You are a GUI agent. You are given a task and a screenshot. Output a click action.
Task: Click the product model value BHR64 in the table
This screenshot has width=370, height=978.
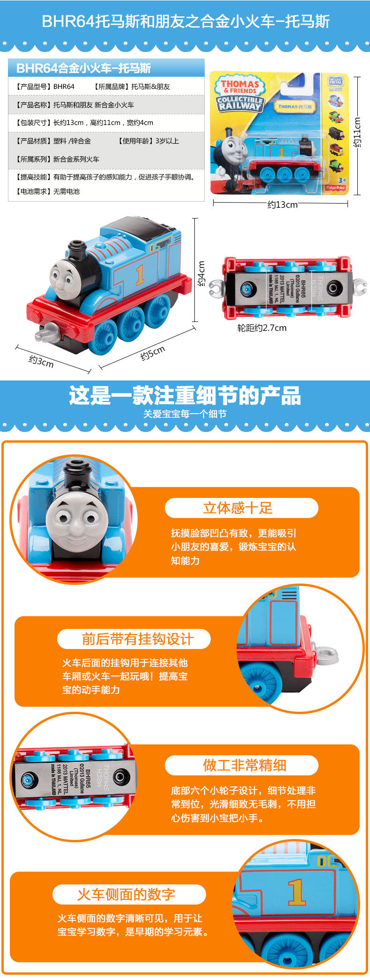[x=64, y=87]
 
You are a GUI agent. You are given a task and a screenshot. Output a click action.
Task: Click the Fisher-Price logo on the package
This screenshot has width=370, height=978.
[x=335, y=188]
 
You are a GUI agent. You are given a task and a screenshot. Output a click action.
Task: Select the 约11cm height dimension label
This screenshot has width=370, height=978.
[x=357, y=133]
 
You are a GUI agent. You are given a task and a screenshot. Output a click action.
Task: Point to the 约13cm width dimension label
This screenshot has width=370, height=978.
[x=282, y=204]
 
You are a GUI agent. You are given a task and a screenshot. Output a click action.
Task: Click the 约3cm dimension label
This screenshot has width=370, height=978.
[x=41, y=361]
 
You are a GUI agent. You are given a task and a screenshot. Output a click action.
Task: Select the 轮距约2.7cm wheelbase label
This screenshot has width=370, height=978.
[x=262, y=328]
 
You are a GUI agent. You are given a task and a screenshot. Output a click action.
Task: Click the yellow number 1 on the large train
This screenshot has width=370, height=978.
[x=140, y=276]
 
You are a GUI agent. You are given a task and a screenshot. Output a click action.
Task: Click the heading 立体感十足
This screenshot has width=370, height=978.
[x=237, y=508]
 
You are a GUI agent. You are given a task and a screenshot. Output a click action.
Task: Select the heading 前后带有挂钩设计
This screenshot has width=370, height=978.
[x=137, y=639]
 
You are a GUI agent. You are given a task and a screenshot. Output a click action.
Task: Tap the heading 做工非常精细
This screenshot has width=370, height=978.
[x=244, y=765]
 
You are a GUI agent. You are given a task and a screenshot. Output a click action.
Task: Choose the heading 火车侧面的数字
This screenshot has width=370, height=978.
[x=126, y=894]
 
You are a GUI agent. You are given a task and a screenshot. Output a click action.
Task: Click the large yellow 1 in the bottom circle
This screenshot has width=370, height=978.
[x=297, y=893]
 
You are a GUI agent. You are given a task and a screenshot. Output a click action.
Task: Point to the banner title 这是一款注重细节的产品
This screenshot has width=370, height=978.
[x=185, y=396]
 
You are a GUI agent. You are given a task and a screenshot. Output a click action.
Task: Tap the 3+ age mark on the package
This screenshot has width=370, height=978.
[x=341, y=180]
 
